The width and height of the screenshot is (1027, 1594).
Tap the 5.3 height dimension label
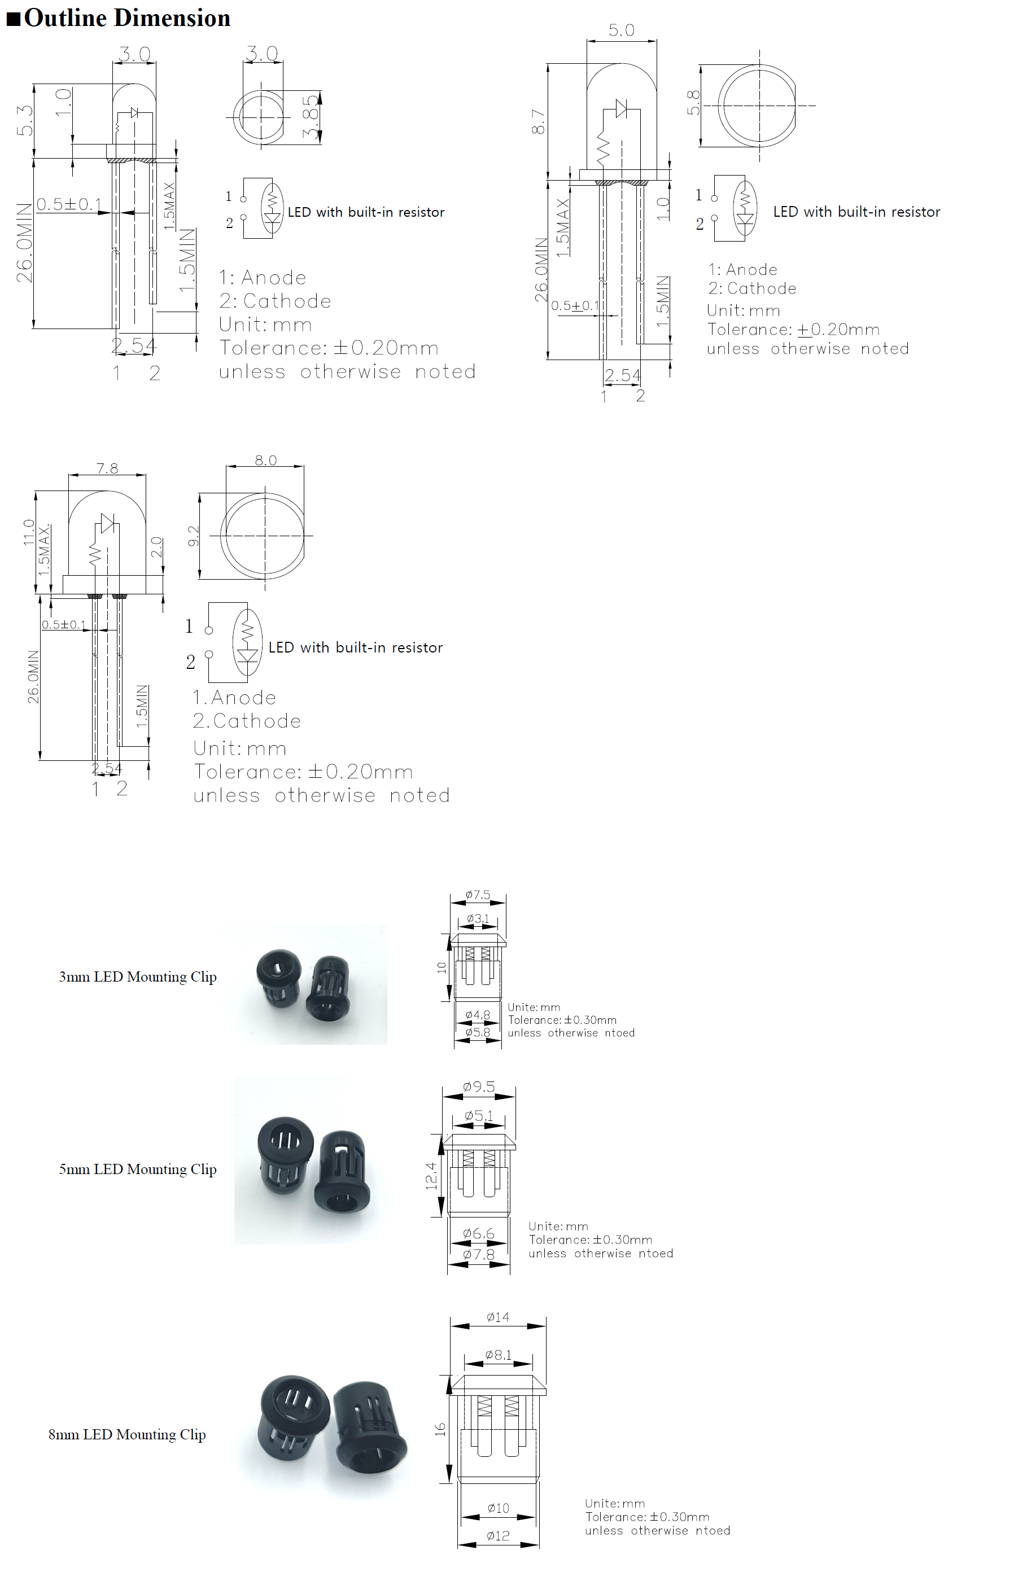pos(25,120)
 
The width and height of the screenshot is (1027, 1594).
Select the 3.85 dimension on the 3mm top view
pos(310,118)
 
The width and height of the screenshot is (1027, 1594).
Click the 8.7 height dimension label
pos(539,121)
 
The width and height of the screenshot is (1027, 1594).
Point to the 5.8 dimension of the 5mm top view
pos(693,103)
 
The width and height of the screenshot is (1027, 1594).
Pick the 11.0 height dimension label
pos(29,532)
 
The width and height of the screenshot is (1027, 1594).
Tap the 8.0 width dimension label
pos(265,460)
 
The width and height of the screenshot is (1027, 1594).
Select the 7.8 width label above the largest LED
pos(107,468)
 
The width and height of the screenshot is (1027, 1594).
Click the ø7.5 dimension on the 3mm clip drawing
pos(478,895)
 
